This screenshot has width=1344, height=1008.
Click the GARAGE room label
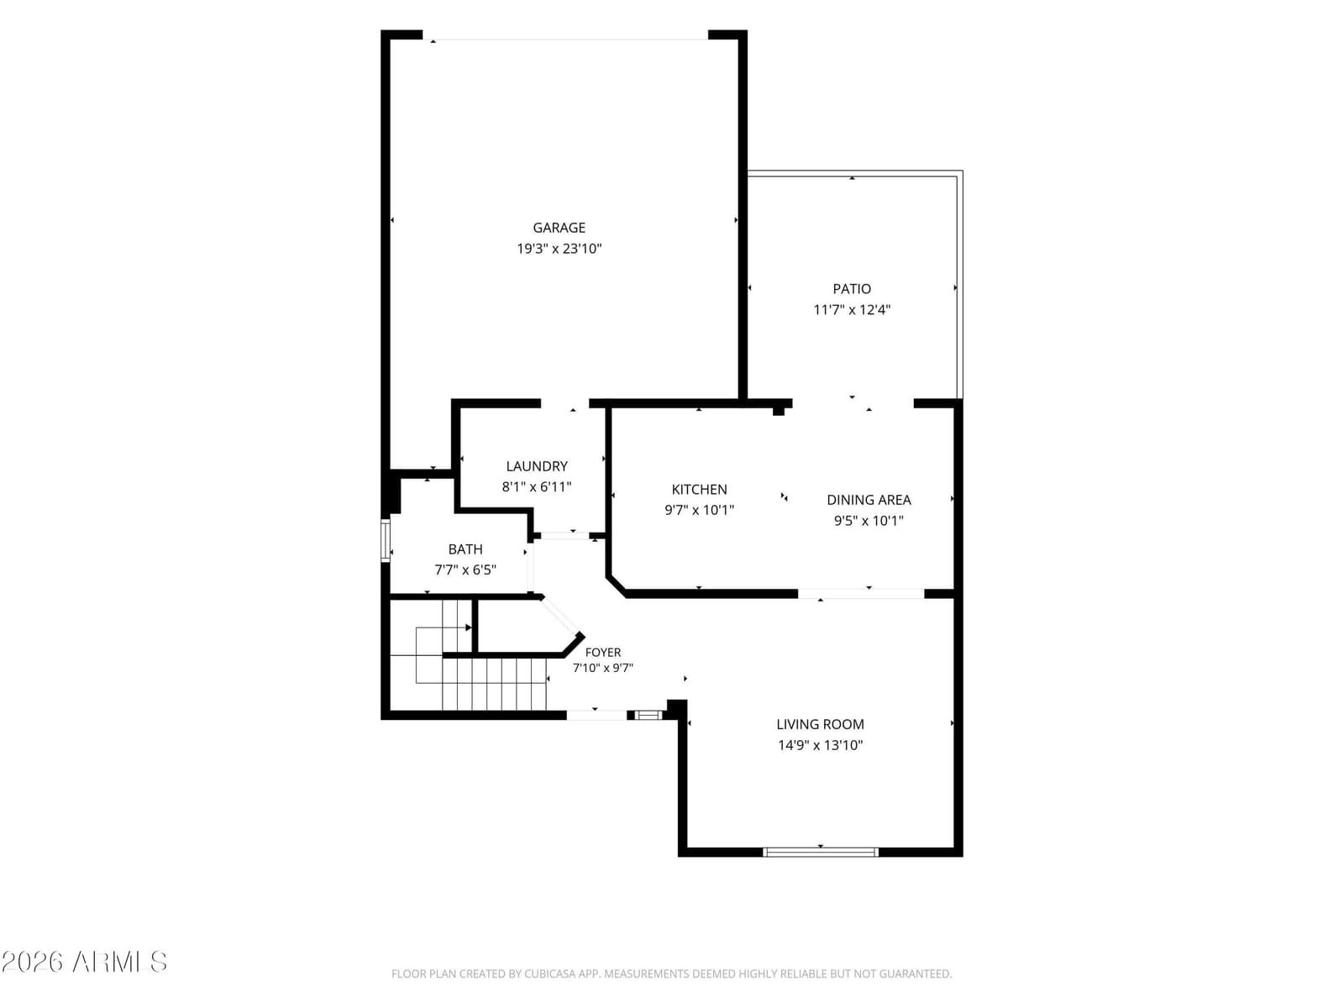tap(559, 228)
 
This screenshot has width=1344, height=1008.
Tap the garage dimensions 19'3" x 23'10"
tap(559, 249)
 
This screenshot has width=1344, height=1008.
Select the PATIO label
tap(851, 289)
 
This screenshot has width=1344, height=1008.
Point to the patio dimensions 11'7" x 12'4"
tap(851, 310)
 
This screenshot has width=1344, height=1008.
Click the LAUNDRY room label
tap(537, 466)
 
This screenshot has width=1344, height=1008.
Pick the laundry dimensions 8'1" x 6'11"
tap(537, 486)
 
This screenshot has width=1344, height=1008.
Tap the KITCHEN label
tap(699, 490)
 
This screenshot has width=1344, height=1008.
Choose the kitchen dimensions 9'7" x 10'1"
tap(699, 510)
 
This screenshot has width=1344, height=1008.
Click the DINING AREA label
tap(869, 500)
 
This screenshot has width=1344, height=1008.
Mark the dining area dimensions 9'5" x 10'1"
tap(869, 521)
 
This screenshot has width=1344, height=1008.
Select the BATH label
tap(465, 549)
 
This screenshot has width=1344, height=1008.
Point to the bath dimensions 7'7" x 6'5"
tap(465, 570)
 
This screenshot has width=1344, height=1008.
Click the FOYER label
tap(602, 653)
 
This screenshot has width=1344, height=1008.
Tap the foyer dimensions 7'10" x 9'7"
tap(602, 668)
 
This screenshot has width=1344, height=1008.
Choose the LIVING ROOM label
tap(820, 725)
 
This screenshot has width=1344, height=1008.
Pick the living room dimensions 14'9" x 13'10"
tap(820, 745)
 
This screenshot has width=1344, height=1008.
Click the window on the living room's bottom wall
tap(820, 852)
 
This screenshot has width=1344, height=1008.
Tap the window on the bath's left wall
tap(385, 540)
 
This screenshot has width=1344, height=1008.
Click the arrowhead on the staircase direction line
tap(469, 628)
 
